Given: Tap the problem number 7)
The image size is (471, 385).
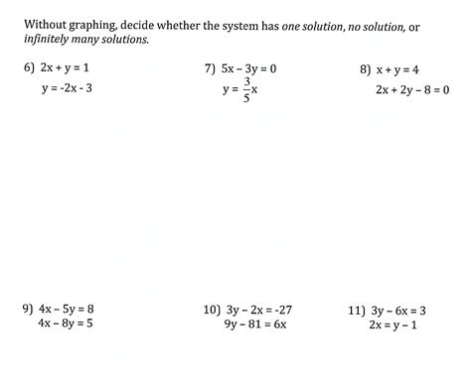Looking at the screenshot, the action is [x=211, y=69].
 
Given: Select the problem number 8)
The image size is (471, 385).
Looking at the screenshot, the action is [x=366, y=69].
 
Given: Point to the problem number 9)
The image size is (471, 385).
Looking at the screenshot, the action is [x=28, y=309].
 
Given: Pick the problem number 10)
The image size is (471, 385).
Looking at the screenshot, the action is [x=211, y=310].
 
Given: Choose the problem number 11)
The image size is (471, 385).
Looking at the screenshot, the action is [x=357, y=310].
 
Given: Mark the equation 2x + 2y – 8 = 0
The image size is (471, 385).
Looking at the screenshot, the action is [x=412, y=88].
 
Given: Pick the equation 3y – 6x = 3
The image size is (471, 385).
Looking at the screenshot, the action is [x=402, y=310].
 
